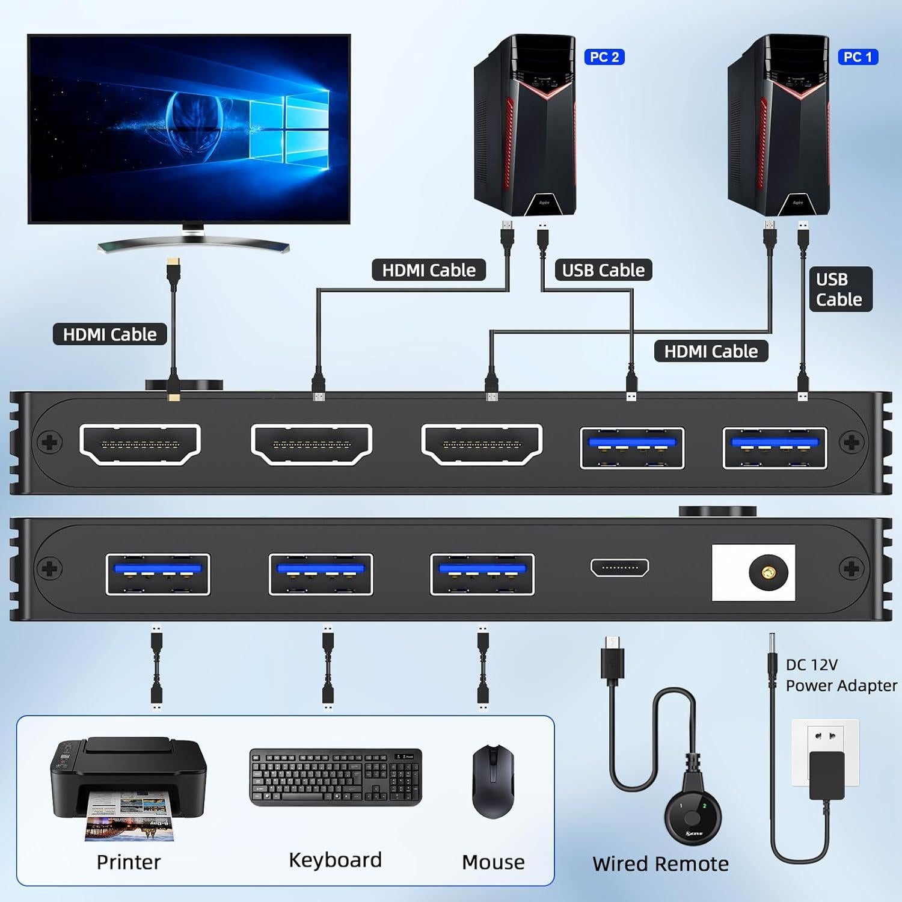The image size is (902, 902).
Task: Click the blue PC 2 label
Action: click(604, 57)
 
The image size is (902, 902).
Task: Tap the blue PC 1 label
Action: click(858, 57)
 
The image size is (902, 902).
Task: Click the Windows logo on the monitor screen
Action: click(289, 129)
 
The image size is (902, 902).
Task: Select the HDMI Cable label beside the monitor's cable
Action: click(109, 334)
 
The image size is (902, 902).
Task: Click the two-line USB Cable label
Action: click(839, 289)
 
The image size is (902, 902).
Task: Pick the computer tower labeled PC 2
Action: click(525, 126)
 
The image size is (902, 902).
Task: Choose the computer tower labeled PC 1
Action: click(779, 126)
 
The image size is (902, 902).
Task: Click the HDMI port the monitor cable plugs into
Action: click(140, 444)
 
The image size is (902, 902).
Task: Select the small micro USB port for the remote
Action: click(620, 567)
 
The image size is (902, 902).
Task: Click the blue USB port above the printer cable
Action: click(158, 574)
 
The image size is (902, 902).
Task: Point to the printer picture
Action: click(127, 788)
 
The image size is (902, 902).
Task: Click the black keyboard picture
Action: click(336, 778)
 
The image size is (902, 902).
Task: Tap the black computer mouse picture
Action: click(493, 782)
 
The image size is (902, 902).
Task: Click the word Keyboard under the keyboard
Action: click(335, 860)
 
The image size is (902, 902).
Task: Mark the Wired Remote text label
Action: click(660, 864)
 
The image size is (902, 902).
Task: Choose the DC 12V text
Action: click(811, 664)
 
